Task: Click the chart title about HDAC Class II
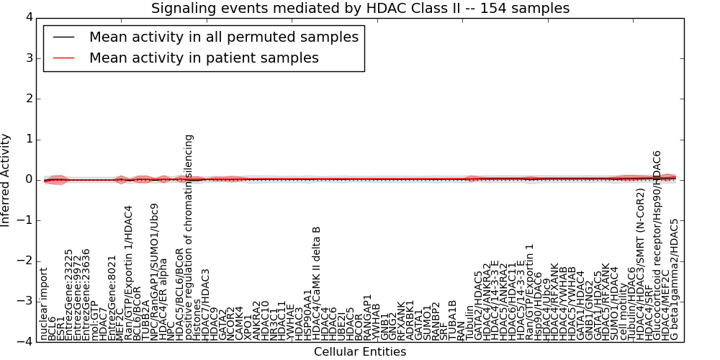tap(360, 9)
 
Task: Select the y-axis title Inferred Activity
tap(6, 179)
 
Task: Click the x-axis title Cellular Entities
tap(359, 352)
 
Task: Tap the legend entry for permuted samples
tap(223, 37)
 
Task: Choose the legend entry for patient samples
tap(204, 58)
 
